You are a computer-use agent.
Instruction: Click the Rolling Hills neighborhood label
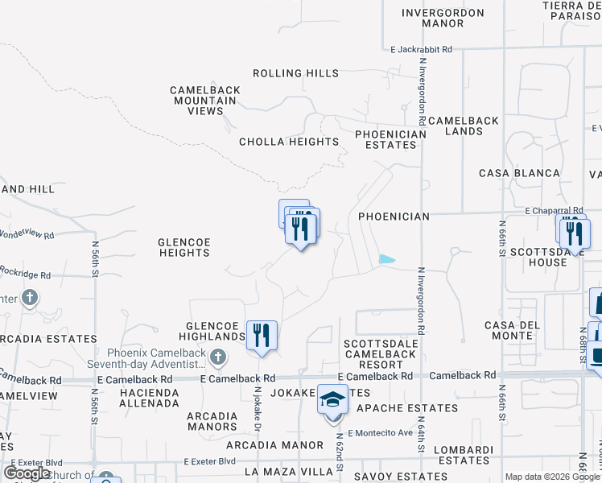point(295,73)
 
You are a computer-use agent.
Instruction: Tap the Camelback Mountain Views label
point(204,101)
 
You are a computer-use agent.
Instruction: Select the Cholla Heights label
point(289,142)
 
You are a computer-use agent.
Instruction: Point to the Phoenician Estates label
point(390,139)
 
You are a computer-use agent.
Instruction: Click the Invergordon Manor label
point(443,19)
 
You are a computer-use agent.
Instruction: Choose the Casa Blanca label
point(519,173)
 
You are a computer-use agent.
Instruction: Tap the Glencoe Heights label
point(183,247)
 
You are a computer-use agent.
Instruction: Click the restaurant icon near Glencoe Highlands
point(262,334)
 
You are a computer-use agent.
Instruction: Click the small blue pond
point(387,259)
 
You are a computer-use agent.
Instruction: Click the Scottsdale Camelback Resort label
point(373,354)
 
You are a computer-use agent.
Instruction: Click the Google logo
point(27,473)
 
